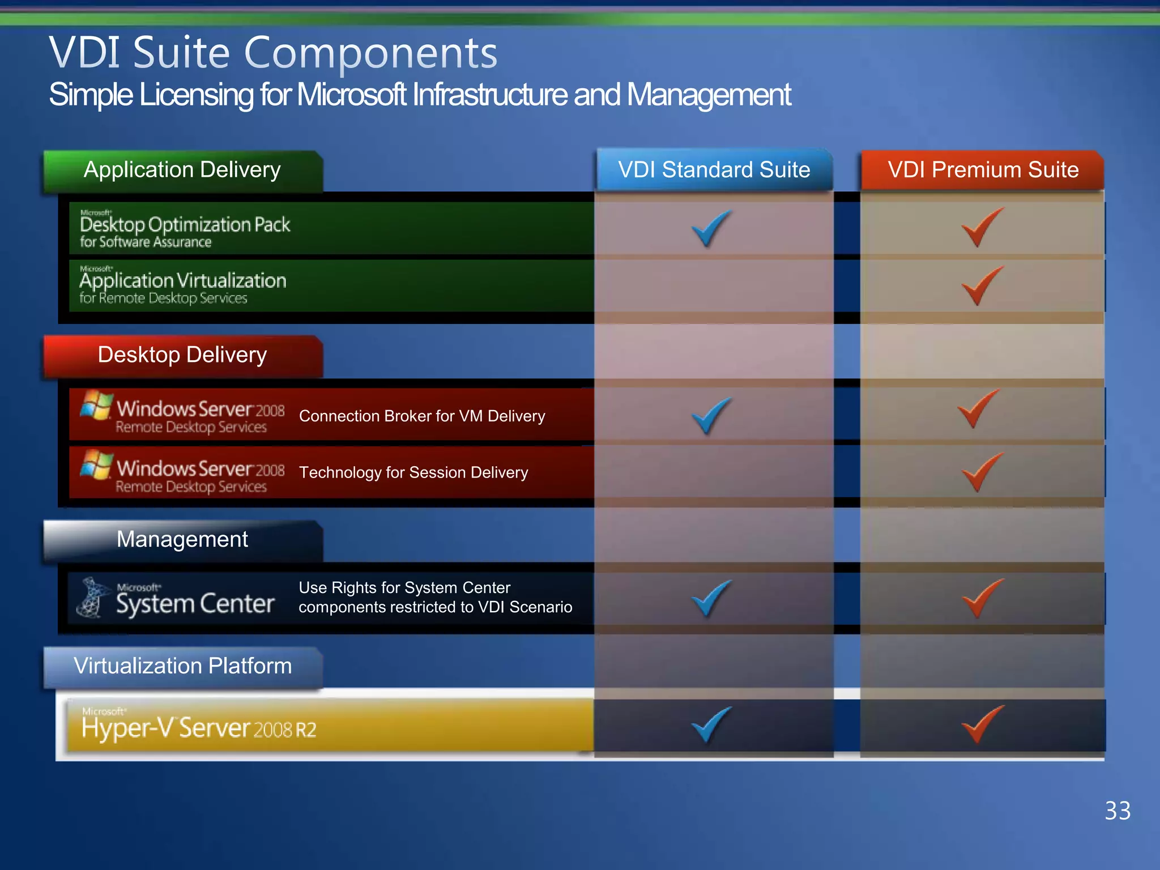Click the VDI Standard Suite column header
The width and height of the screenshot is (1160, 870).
[714, 170]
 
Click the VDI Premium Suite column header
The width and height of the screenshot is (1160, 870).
[983, 170]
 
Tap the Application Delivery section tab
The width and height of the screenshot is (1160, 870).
[182, 170]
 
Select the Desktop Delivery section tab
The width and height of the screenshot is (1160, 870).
[182, 355]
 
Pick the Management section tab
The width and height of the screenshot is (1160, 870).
[182, 539]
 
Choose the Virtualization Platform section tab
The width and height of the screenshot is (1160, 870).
[182, 666]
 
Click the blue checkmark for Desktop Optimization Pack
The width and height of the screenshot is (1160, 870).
[710, 228]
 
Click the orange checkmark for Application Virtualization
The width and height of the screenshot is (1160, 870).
[981, 286]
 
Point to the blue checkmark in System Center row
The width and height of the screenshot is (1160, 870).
[710, 598]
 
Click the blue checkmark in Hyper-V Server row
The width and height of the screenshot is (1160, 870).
[710, 724]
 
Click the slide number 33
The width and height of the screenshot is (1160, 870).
[1118, 811]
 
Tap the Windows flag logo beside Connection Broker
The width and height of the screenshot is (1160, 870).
[96, 405]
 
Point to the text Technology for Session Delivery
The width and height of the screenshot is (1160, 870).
[413, 472]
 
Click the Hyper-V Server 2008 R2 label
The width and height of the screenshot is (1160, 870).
[199, 728]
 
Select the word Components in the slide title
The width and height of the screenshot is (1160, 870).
[370, 53]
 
